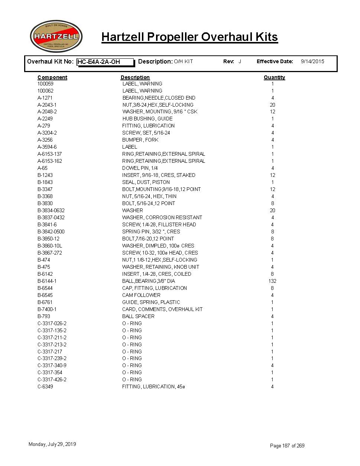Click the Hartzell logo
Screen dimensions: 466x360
[56, 36]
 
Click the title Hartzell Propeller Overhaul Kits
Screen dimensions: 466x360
[189, 37]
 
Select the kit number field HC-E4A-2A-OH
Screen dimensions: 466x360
[105, 62]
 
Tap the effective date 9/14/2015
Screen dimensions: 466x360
[312, 61]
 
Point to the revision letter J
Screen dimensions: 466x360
[240, 61]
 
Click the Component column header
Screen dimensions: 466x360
[52, 77]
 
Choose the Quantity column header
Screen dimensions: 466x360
[274, 77]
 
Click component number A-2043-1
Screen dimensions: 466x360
[47, 105]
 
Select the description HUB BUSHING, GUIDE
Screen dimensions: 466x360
[147, 119]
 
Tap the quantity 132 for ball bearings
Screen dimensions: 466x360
[272, 281]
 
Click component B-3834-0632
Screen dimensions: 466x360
[51, 210]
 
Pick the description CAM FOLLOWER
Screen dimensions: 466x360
[141, 295]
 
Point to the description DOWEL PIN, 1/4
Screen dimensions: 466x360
[140, 168]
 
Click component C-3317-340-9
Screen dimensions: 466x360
[52, 365]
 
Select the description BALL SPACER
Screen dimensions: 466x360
[138, 316]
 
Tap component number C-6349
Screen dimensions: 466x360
[45, 386]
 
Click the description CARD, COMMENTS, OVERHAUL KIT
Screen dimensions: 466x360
[162, 309]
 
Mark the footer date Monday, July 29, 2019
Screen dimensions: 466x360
[52, 444]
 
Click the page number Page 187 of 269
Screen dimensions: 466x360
[287, 446]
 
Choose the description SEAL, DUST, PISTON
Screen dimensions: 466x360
[146, 182]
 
